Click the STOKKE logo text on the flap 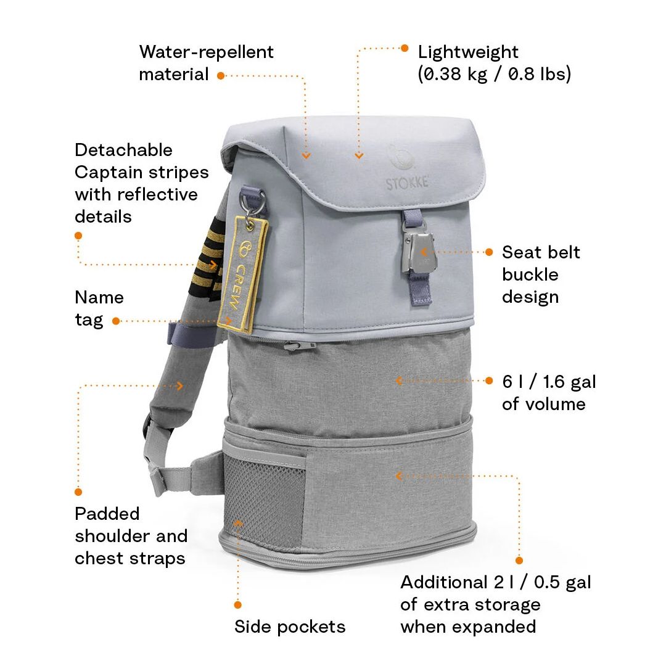tap(407, 183)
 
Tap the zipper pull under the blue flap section tap(300, 346)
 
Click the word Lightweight tap(468, 52)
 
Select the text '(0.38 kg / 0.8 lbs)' tap(495, 75)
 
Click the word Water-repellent tap(207, 52)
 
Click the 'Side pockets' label tap(290, 627)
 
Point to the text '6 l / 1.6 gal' tap(549, 382)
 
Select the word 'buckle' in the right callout tap(530, 274)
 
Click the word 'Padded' tap(107, 514)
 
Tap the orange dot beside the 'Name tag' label tap(115, 321)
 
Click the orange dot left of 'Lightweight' tap(405, 48)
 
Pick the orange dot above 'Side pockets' tap(238, 604)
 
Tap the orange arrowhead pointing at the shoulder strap tap(180, 385)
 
